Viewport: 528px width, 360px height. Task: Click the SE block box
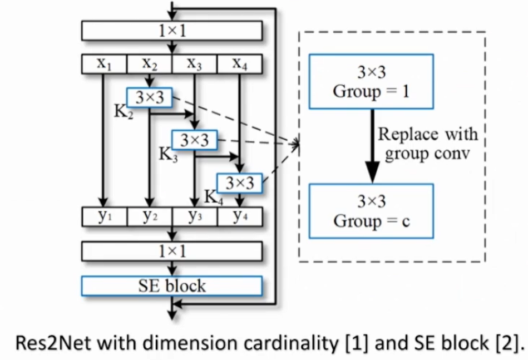point(171,285)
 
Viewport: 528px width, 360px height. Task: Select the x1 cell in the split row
point(104,64)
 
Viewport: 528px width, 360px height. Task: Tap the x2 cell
point(149,64)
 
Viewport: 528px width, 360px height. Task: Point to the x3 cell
point(194,64)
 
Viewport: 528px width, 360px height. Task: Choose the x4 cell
point(239,64)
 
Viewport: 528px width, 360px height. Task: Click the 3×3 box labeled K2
point(149,98)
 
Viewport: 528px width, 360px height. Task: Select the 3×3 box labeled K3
point(194,140)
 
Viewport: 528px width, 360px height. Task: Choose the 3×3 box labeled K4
point(239,183)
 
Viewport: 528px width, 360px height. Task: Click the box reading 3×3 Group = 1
point(371,81)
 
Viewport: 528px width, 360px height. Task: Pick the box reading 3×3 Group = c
point(371,211)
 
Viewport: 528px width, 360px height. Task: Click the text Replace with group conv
point(427,144)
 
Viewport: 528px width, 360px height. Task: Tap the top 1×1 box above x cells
point(171,31)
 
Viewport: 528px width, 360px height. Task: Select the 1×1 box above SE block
point(171,251)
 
